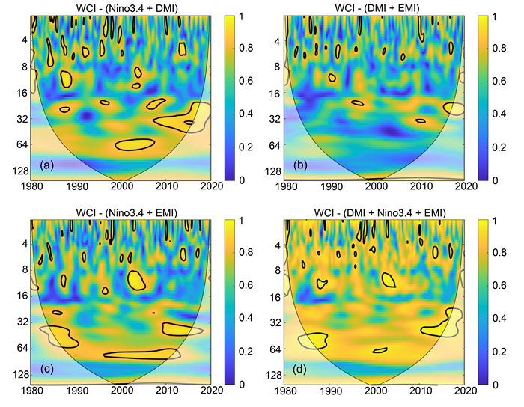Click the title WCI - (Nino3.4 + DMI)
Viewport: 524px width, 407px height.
[x=121, y=7]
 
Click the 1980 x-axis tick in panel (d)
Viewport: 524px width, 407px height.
[x=286, y=391]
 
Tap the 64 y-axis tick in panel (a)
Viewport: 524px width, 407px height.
[x=21, y=145]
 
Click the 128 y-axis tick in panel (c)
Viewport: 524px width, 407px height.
[x=19, y=374]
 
